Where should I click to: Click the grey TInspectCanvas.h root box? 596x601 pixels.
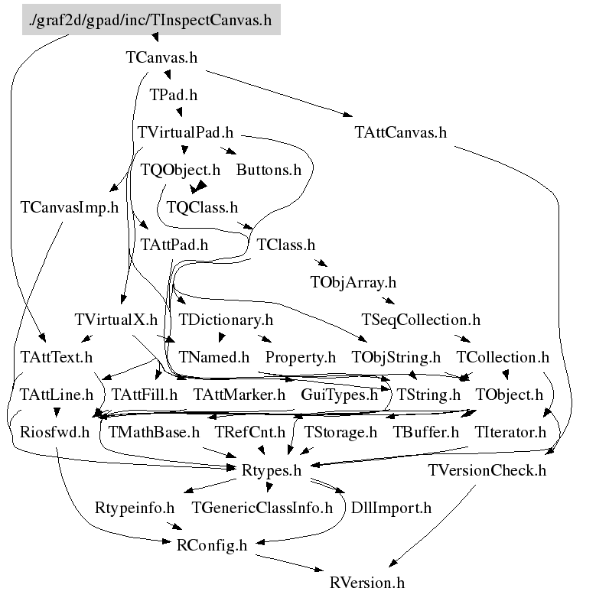150,20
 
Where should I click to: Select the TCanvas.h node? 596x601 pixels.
162,57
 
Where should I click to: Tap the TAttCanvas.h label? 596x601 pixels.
400,132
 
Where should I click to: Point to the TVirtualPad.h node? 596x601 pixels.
186,132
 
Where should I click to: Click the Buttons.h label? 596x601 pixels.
269,169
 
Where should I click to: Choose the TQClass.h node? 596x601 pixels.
202,206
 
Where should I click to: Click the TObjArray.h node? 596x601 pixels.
353,282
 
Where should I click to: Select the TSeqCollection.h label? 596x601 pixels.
420,320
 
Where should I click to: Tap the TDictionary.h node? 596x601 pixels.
225,320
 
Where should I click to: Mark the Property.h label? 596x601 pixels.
301,357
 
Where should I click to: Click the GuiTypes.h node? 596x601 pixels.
340,395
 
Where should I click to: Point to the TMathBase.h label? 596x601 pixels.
154,432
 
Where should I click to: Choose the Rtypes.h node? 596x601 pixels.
272,469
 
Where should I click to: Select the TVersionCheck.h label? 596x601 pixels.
487,469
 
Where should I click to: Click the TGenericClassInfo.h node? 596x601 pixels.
262,507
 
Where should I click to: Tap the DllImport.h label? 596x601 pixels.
390,507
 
